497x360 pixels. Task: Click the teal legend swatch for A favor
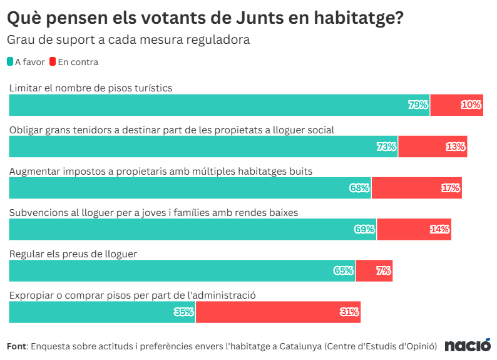click(x=10, y=61)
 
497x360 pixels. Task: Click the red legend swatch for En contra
click(x=53, y=61)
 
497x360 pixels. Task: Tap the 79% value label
click(x=418, y=105)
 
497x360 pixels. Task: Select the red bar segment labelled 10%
click(x=457, y=105)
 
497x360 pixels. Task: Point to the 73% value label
click(x=386, y=147)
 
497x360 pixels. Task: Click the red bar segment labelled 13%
click(x=433, y=147)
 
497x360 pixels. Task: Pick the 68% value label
click(x=359, y=188)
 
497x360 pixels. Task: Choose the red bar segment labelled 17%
click(x=417, y=188)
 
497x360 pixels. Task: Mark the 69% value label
click(x=365, y=229)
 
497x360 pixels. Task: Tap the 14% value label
click(x=439, y=229)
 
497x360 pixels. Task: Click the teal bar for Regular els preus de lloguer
click(x=182, y=270)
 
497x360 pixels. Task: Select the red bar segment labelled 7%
click(x=374, y=270)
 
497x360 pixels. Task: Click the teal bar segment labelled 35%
click(x=102, y=312)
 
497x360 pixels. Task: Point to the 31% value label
click(x=349, y=312)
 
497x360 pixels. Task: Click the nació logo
click(x=468, y=345)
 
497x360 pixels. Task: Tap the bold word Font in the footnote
click(x=17, y=346)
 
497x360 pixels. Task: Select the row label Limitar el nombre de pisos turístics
click(x=91, y=88)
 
